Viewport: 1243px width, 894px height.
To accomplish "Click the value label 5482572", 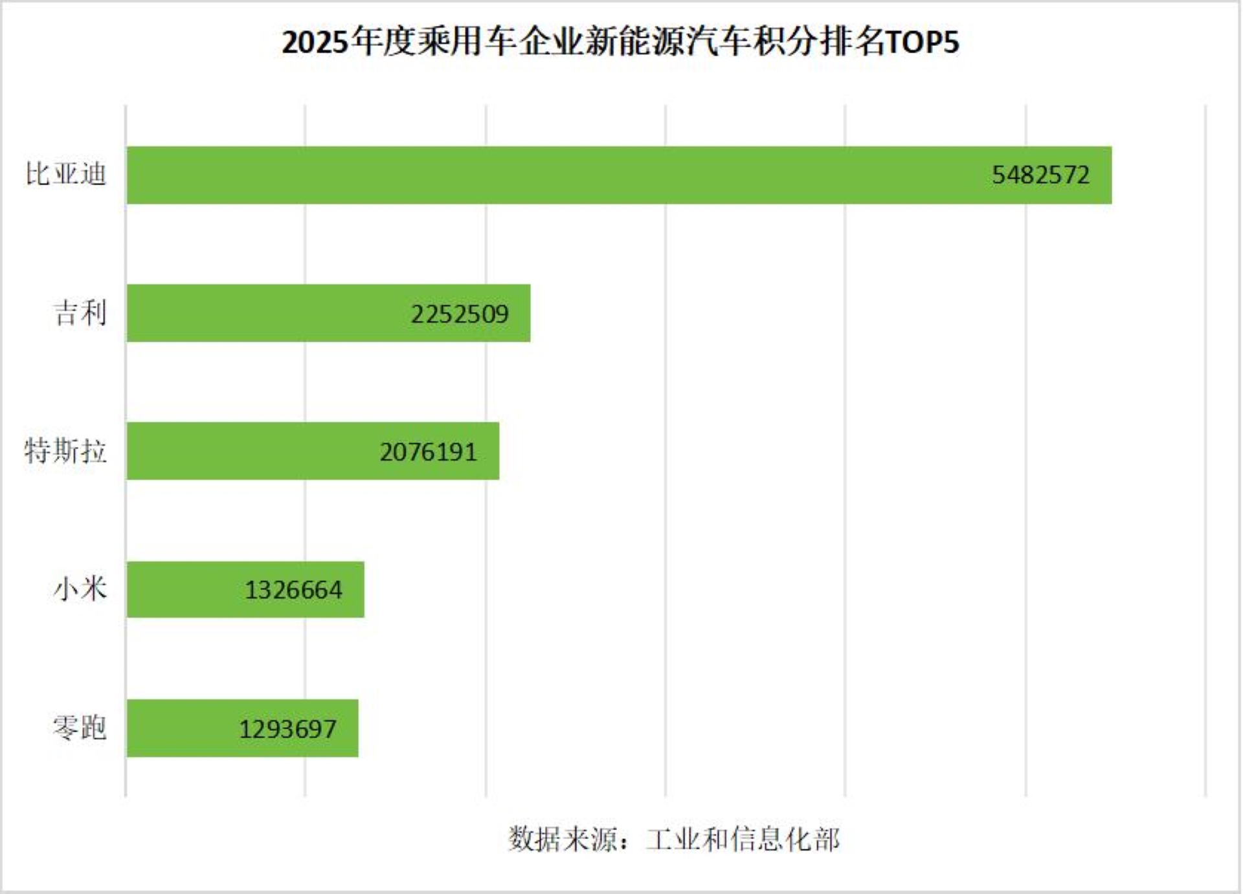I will click(x=1040, y=175).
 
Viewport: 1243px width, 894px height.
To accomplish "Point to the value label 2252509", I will click(x=460, y=314).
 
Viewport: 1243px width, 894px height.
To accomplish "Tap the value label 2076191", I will click(x=428, y=452).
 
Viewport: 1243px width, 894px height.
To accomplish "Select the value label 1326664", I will click(x=293, y=590).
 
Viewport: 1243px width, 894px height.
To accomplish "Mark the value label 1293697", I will click(x=287, y=729).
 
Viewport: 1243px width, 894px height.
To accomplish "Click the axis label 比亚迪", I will click(x=65, y=174).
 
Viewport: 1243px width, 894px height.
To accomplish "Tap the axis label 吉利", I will click(x=80, y=312).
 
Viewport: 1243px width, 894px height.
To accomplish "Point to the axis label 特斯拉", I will click(x=65, y=450).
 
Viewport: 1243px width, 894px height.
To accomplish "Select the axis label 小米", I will click(x=80, y=589).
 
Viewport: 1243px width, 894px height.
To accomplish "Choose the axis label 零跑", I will click(x=80, y=727).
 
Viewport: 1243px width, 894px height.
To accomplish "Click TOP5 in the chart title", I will click(x=922, y=43).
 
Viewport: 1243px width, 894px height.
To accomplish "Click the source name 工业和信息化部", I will click(x=743, y=839).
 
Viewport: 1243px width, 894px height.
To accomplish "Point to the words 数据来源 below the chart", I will click(x=562, y=839).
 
